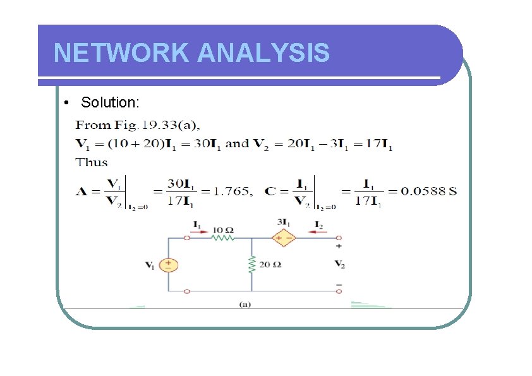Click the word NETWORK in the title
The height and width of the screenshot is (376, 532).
click(x=121, y=53)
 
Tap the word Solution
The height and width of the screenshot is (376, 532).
click(x=111, y=102)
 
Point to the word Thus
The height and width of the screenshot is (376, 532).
click(x=92, y=162)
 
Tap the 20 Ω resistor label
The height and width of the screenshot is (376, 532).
click(x=270, y=264)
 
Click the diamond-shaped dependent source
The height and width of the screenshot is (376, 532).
click(x=284, y=238)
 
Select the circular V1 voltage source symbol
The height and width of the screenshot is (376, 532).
click(x=168, y=265)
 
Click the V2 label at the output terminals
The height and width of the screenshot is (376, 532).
click(x=339, y=264)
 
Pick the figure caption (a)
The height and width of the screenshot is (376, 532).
click(x=245, y=304)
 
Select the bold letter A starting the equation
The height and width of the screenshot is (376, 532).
click(x=81, y=191)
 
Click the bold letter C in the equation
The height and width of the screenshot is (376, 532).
click(x=270, y=191)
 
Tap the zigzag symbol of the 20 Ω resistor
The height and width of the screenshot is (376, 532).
click(x=251, y=264)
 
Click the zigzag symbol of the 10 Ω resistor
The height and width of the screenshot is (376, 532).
click(x=222, y=238)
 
